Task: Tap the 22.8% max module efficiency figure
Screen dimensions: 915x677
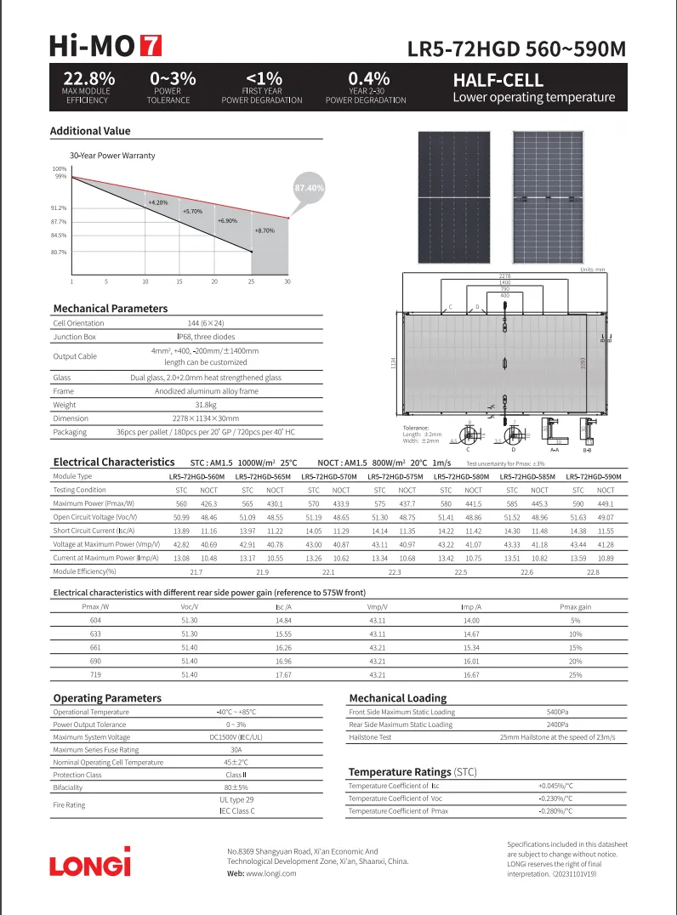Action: (x=88, y=79)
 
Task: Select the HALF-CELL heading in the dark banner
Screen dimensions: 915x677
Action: (x=498, y=81)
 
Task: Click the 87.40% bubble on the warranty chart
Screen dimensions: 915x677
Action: (x=308, y=186)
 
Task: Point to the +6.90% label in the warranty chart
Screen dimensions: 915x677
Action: (x=227, y=221)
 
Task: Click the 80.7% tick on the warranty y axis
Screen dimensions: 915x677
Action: (x=59, y=253)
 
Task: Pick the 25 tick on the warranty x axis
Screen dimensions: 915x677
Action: (x=251, y=281)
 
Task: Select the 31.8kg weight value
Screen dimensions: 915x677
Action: (x=206, y=405)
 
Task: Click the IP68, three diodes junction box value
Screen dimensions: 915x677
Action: (x=206, y=337)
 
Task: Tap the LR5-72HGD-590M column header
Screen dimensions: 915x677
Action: (x=593, y=477)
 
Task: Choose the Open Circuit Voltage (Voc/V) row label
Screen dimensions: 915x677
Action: (x=94, y=516)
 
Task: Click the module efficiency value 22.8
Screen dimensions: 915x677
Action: (x=593, y=572)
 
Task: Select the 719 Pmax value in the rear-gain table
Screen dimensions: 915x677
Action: (x=94, y=674)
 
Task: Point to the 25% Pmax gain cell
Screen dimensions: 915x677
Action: (x=575, y=674)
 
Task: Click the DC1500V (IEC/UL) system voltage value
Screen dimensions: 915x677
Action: (x=236, y=737)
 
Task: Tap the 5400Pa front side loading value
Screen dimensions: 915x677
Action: (x=557, y=712)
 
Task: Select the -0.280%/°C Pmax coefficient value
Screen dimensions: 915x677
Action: (x=556, y=811)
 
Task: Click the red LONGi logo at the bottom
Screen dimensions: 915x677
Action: (x=90, y=862)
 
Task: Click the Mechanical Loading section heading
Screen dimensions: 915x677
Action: (x=397, y=698)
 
